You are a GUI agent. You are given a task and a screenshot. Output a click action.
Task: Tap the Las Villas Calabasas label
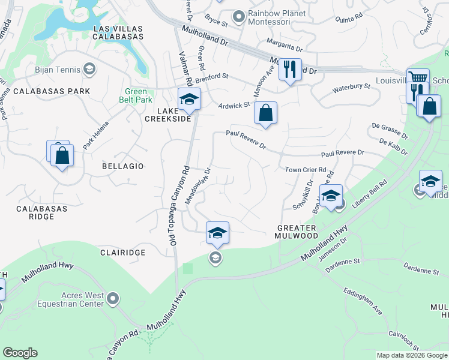[x=118, y=32]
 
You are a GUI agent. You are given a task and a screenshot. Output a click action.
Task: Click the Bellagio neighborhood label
[x=122, y=166]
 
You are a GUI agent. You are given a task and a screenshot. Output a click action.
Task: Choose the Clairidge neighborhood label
[x=123, y=253]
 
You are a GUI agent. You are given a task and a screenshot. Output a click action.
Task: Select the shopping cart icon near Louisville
[x=418, y=79]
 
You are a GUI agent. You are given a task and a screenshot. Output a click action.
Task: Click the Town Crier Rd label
[x=305, y=170]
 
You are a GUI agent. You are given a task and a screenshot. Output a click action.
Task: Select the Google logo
[x=20, y=353]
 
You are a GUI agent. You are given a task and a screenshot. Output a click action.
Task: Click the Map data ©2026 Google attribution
[x=411, y=355]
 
